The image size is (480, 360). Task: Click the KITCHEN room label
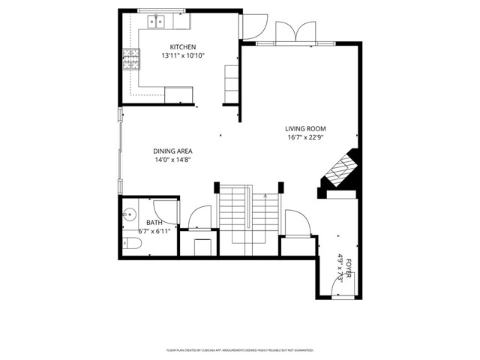[182, 46]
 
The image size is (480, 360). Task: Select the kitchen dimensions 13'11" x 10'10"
[182, 55]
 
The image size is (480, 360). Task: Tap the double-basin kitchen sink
[157, 22]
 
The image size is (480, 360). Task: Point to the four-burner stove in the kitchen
[132, 58]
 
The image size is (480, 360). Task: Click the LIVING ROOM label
[305, 128]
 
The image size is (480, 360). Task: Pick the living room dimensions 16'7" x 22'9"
[305, 137]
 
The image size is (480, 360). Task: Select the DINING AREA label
[173, 151]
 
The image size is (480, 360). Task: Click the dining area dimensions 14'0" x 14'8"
[173, 160]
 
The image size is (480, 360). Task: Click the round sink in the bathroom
[129, 214]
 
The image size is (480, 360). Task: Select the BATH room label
[154, 223]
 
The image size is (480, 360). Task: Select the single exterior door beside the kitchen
[252, 26]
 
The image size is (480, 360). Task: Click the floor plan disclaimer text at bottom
[239, 349]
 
